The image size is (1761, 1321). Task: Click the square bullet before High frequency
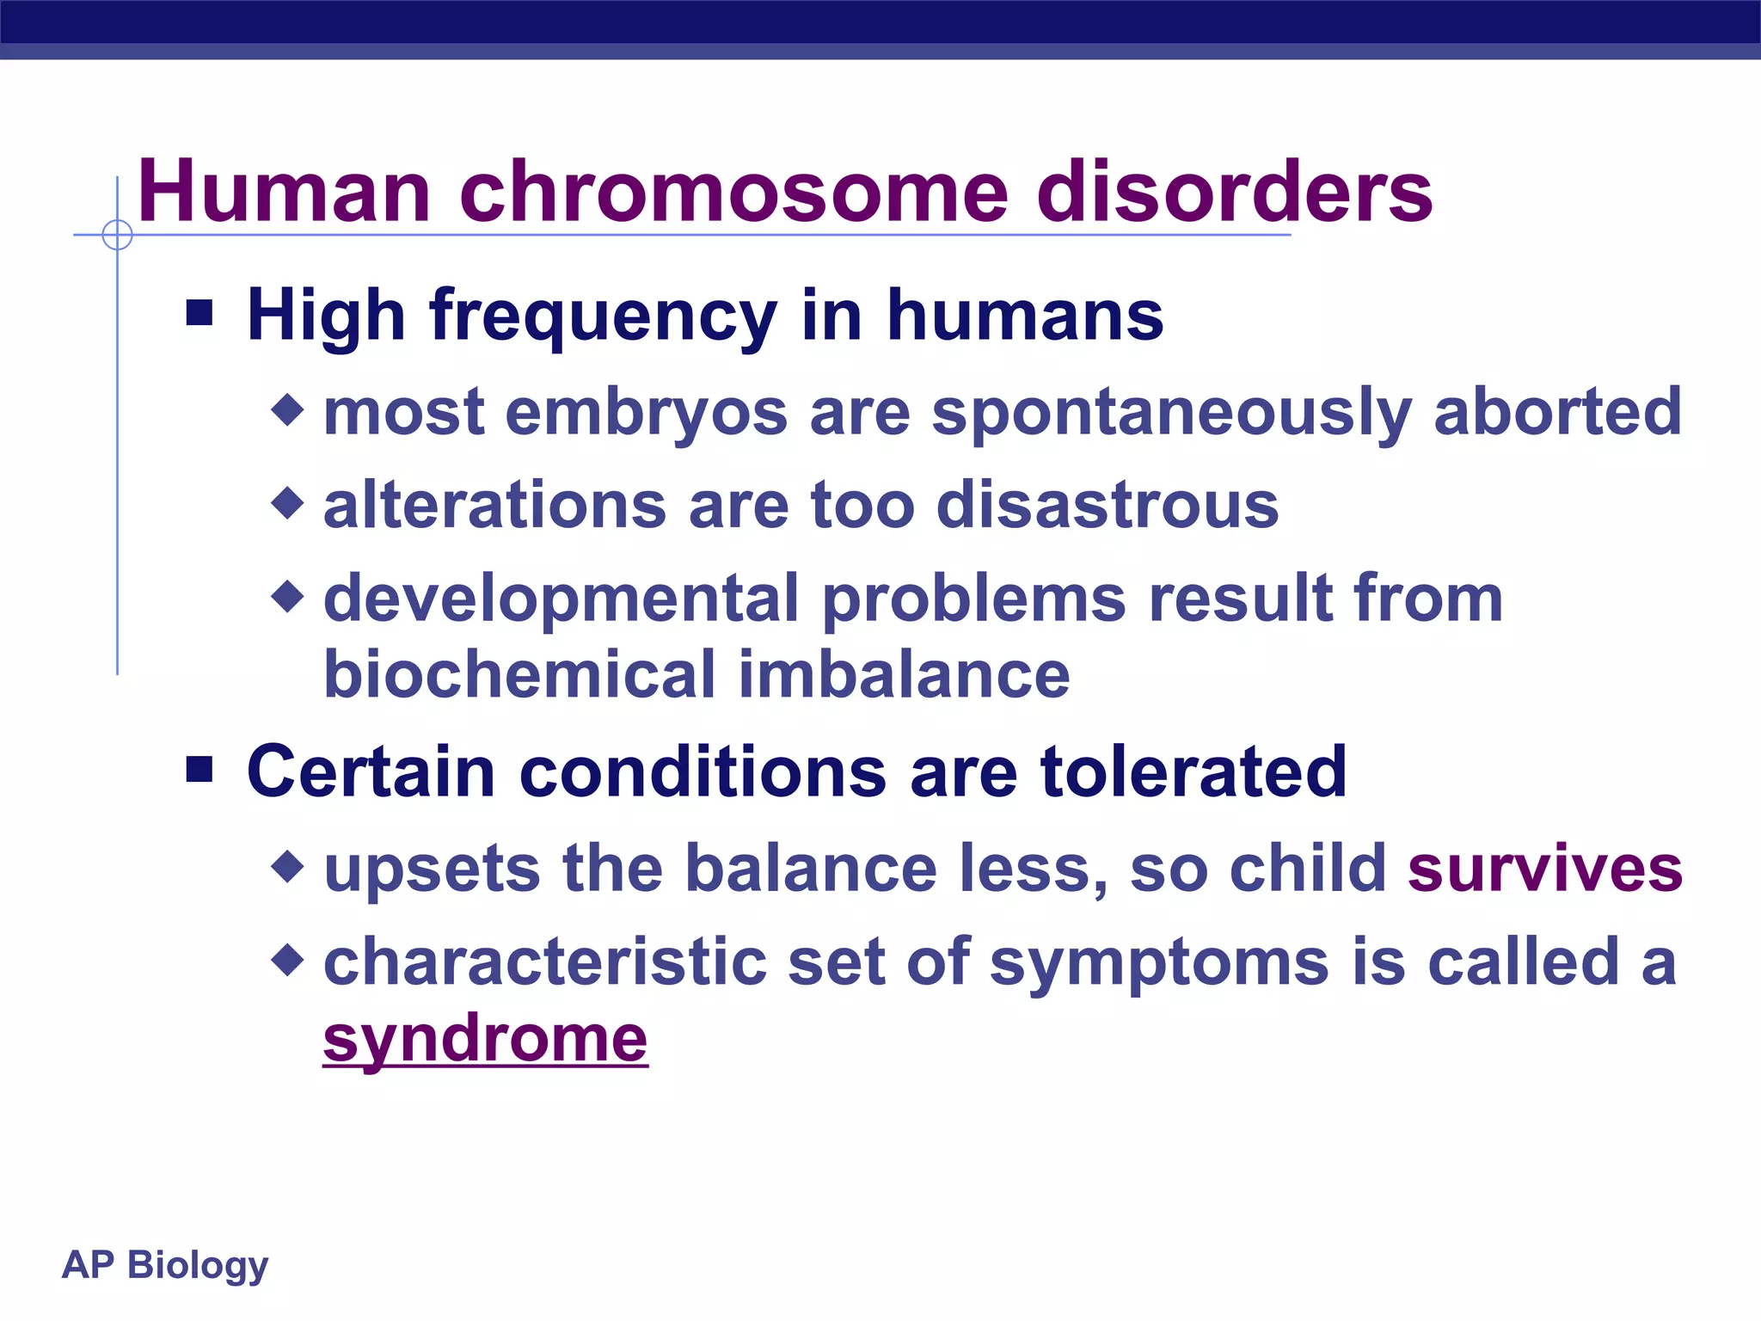pyautogui.click(x=199, y=313)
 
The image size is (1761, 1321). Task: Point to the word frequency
pyautogui.click(x=604, y=316)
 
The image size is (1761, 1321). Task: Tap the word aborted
pyautogui.click(x=1557, y=411)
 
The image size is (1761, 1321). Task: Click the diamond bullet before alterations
pyautogui.click(x=287, y=503)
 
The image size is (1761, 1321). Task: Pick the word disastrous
pyautogui.click(x=1107, y=505)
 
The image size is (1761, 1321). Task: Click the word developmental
pyautogui.click(x=561, y=599)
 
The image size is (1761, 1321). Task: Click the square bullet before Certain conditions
pyautogui.click(x=199, y=769)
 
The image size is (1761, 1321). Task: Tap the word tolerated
pyautogui.click(x=1193, y=771)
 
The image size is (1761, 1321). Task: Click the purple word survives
pyautogui.click(x=1544, y=869)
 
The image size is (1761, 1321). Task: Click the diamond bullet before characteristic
pyautogui.click(x=287, y=960)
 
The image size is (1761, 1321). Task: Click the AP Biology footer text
pyautogui.click(x=165, y=1265)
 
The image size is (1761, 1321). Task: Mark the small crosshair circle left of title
pyautogui.click(x=117, y=235)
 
